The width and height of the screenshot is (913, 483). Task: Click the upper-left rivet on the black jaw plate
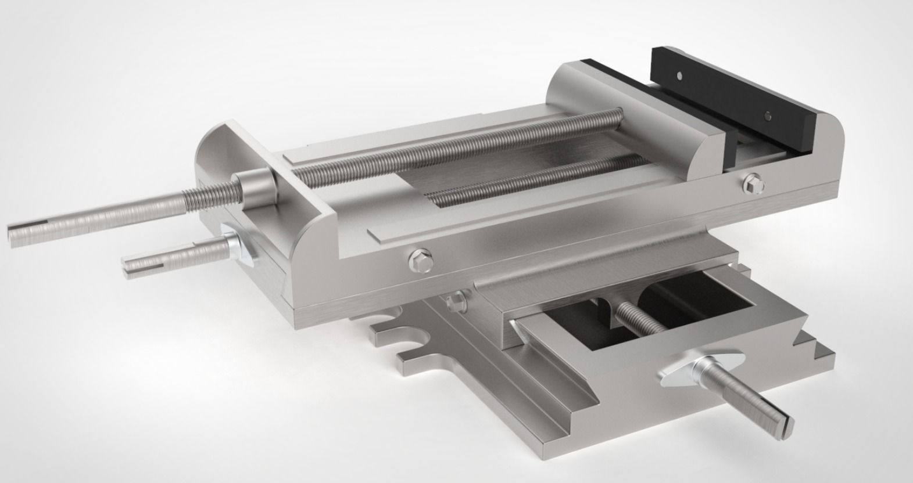pyautogui.click(x=680, y=75)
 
